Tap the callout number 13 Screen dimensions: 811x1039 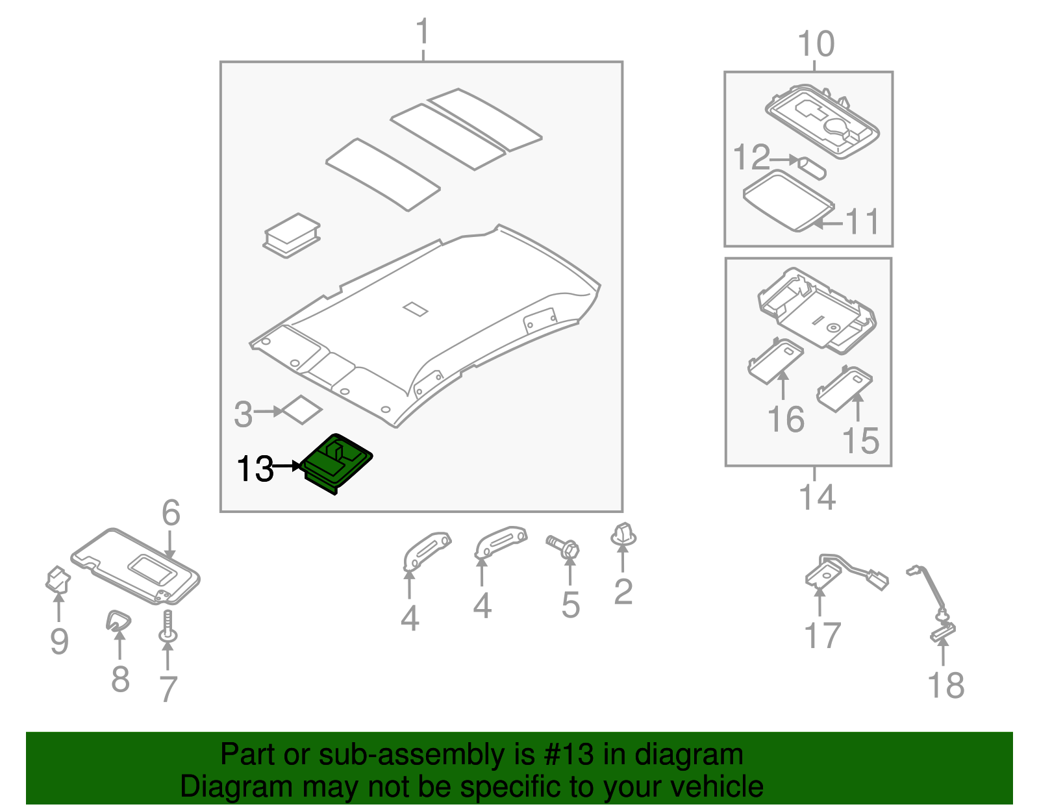pyautogui.click(x=255, y=468)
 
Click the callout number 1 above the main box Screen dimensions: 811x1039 pyautogui.click(x=423, y=32)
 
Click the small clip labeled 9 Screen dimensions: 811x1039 pyautogui.click(x=58, y=579)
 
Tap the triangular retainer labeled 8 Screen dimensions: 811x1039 pyautogui.click(x=118, y=621)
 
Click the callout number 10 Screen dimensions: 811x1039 pyautogui.click(x=816, y=44)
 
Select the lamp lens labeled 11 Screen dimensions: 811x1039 pyautogui.click(x=787, y=199)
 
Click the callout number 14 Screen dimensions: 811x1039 pyautogui.click(x=817, y=497)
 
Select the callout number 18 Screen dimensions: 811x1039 pyautogui.click(x=945, y=685)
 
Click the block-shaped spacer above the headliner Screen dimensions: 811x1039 pyautogui.click(x=292, y=234)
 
